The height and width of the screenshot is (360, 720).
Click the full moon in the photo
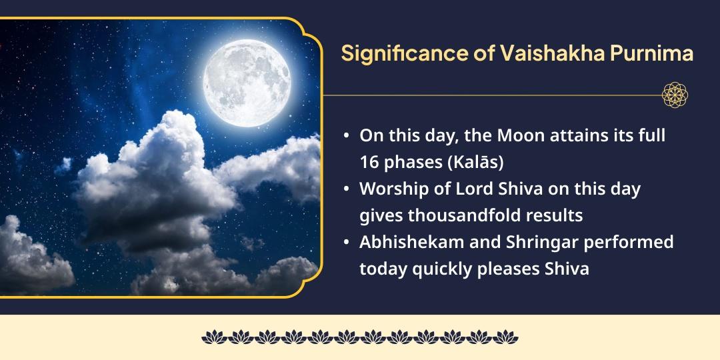(x=247, y=83)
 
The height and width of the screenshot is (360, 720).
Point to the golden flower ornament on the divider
(x=675, y=95)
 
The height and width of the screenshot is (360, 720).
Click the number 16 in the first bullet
(x=368, y=163)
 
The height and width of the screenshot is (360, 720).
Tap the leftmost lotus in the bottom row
(x=215, y=337)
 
